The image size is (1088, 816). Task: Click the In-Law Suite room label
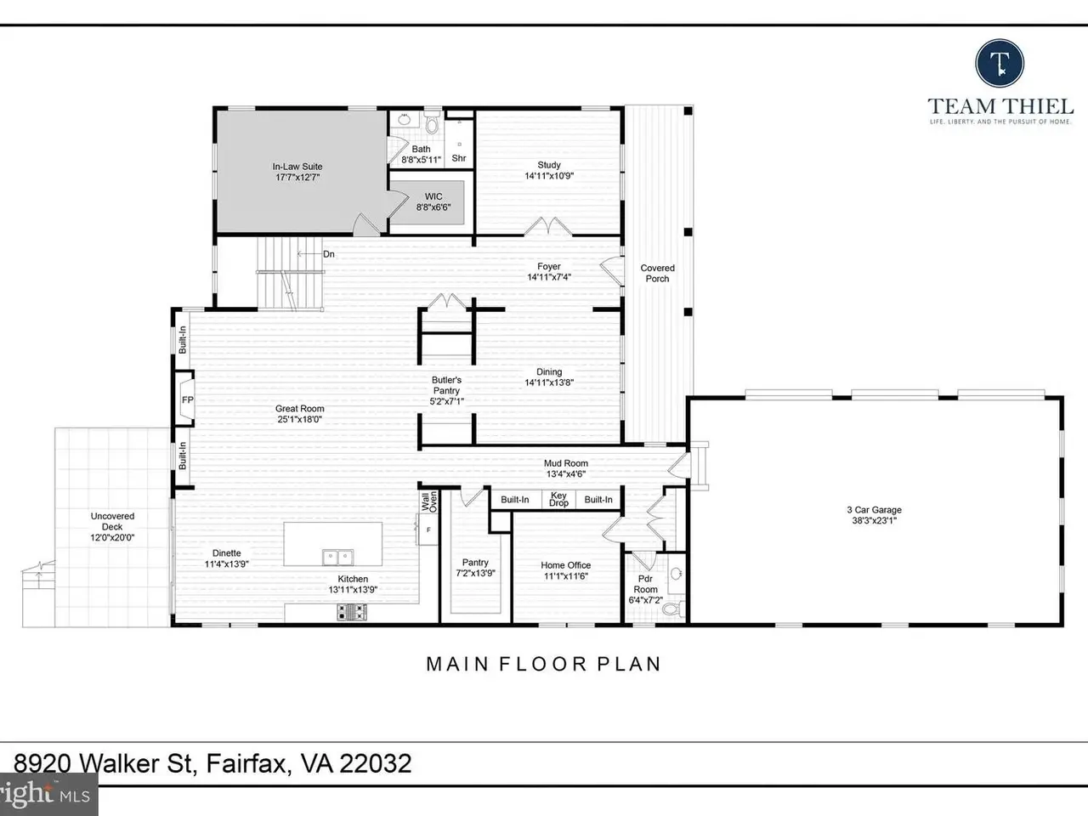tap(297, 167)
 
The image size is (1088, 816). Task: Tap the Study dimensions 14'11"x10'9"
tap(549, 176)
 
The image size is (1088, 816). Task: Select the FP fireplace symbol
tap(184, 399)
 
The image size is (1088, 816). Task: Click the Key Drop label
tap(558, 499)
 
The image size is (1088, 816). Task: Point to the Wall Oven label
tap(429, 501)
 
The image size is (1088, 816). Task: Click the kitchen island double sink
tap(338, 557)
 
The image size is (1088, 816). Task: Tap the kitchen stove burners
tap(352, 612)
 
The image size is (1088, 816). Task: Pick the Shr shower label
tap(459, 158)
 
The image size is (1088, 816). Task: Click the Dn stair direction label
tap(329, 254)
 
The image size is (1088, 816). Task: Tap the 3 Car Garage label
tap(874, 509)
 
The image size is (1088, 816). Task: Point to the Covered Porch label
tap(657, 273)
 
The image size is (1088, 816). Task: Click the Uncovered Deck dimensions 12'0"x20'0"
tap(112, 537)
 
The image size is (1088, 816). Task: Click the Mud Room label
tap(566, 463)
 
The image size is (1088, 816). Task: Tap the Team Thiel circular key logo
tap(1000, 64)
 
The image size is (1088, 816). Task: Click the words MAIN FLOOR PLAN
tap(544, 665)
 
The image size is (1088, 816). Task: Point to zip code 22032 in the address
tap(375, 763)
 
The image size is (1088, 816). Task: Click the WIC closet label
tap(433, 196)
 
